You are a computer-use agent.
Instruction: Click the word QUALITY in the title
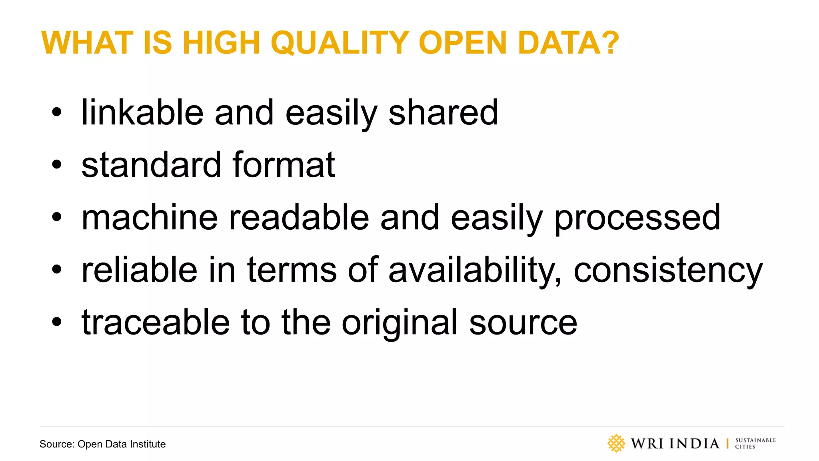340,43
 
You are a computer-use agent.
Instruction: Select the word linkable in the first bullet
142,112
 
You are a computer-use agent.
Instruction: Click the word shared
443,112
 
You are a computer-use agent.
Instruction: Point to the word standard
151,165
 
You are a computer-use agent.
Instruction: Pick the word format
284,165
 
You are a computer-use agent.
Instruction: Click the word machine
150,218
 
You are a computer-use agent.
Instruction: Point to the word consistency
668,271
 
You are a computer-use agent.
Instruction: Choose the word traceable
156,323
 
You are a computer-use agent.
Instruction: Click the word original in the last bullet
400,323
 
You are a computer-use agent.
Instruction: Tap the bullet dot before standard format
57,164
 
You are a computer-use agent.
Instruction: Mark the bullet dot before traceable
57,321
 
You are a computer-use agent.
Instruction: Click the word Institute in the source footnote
148,444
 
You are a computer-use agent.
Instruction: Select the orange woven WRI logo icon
616,443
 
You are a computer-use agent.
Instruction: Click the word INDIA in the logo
694,443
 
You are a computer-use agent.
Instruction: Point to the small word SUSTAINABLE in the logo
755,440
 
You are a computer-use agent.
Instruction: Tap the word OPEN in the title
462,43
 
